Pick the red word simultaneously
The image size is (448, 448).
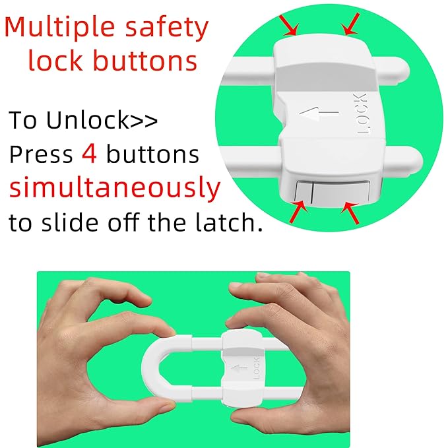coord(115,189)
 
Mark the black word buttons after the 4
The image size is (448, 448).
coord(152,154)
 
